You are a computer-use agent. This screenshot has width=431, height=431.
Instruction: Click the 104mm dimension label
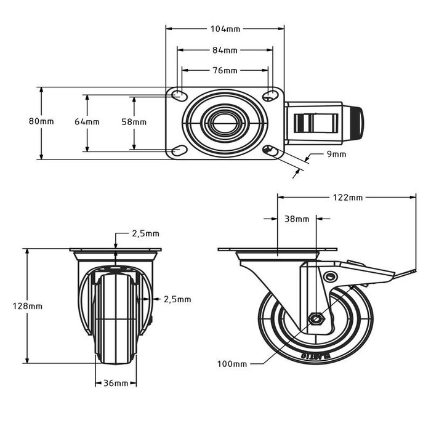click(x=225, y=28)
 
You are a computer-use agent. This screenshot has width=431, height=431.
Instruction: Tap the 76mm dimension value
click(x=225, y=70)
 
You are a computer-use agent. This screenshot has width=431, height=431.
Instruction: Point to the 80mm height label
click(x=41, y=121)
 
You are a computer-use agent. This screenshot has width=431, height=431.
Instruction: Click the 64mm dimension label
click(x=87, y=122)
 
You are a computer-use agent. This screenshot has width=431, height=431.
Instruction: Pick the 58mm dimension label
click(x=134, y=122)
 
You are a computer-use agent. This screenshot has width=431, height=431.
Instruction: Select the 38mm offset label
click(x=297, y=219)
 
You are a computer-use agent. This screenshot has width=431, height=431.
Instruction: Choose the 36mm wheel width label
click(x=115, y=384)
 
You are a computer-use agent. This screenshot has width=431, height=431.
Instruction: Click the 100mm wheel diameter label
click(x=232, y=364)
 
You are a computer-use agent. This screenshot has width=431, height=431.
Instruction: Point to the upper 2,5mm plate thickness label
click(x=145, y=233)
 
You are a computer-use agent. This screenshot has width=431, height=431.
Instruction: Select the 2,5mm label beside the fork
click(x=177, y=299)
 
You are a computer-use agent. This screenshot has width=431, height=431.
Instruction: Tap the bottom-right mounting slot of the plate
click(x=270, y=150)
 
